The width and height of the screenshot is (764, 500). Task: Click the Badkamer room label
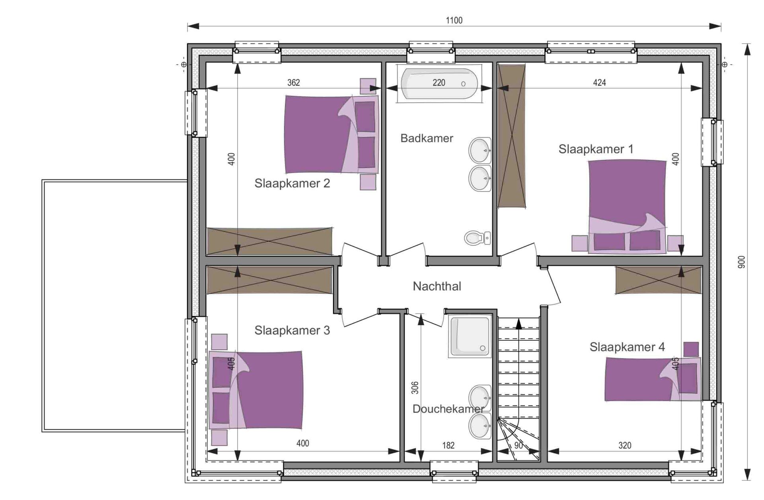click(427, 139)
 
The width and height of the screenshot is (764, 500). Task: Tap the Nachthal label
click(437, 286)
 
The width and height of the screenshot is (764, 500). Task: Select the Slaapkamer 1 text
click(596, 149)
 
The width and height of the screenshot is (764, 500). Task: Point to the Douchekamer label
click(448, 409)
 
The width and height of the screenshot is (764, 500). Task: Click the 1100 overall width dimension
click(454, 20)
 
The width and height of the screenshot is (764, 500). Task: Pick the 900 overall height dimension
click(741, 262)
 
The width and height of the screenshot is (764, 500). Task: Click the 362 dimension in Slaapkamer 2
click(294, 82)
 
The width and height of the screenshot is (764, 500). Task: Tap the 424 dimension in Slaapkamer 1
click(599, 82)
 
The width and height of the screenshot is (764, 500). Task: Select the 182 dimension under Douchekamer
click(448, 445)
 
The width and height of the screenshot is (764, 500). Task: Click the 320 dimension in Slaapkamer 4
click(625, 445)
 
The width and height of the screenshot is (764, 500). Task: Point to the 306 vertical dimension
click(415, 388)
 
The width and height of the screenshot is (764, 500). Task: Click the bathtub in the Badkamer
click(439, 84)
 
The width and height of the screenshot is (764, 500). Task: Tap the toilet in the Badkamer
click(477, 238)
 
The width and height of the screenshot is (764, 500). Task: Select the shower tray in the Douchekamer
click(470, 336)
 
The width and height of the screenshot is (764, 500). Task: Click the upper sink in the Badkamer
click(480, 150)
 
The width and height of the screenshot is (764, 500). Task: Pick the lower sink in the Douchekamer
click(480, 426)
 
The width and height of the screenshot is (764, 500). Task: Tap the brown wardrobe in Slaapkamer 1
click(512, 136)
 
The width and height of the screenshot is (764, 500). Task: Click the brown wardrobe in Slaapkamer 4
click(658, 280)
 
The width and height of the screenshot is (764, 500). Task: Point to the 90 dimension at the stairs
click(518, 445)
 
